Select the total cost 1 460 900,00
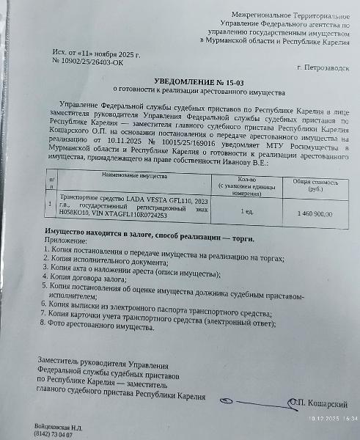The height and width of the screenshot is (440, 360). pyautogui.click(x=313, y=213)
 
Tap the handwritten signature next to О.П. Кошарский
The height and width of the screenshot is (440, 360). pyautogui.click(x=253, y=402)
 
